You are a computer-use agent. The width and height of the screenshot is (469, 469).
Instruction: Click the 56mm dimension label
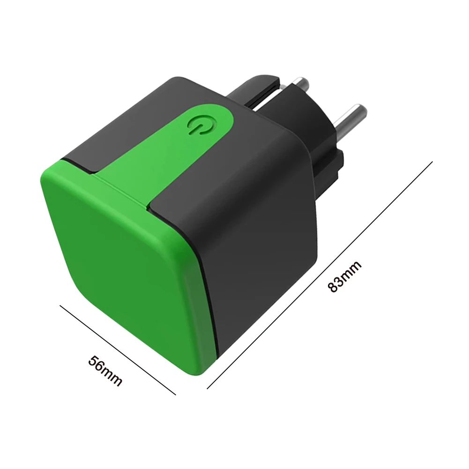tap(105, 371)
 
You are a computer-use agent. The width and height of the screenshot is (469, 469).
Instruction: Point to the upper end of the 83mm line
tap(432, 162)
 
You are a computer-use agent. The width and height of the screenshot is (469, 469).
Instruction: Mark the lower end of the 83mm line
tap(207, 388)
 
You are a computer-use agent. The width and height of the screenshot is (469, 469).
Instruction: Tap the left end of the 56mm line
tap(60, 305)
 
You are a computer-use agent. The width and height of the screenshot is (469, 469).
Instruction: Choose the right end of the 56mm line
tap(176, 395)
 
